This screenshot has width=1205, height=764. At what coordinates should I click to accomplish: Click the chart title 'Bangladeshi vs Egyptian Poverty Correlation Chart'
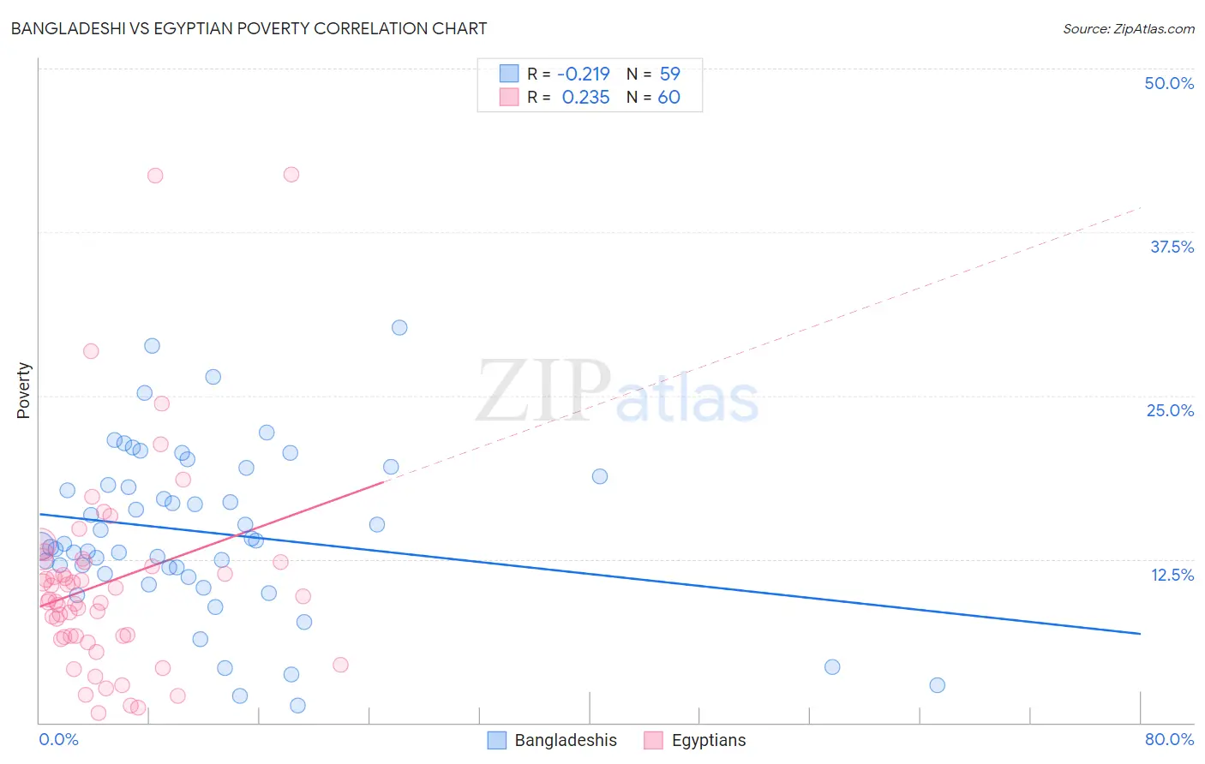[249, 28]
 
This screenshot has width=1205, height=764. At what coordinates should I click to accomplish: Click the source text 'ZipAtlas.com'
[1128, 28]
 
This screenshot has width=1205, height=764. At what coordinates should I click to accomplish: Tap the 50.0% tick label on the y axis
[1168, 83]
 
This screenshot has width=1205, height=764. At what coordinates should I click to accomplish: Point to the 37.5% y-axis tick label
[1171, 247]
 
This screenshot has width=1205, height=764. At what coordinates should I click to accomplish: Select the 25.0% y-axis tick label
[1169, 410]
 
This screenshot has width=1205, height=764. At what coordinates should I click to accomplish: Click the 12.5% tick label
[1171, 575]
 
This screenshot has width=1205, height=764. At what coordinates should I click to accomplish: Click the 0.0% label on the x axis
[58, 739]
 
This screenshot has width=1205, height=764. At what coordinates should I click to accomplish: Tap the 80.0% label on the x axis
[1168, 739]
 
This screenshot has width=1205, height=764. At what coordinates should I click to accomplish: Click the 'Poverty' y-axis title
[23, 391]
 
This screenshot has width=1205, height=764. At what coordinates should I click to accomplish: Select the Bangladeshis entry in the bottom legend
[552, 740]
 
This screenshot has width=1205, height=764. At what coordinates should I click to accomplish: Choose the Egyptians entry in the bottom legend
[695, 740]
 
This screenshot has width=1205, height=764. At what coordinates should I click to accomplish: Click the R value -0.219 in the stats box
[583, 74]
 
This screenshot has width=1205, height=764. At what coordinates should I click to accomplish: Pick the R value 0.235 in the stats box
[585, 98]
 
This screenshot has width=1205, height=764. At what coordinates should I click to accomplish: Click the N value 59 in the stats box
[669, 74]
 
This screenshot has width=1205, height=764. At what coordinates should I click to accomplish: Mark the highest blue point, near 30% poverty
[399, 327]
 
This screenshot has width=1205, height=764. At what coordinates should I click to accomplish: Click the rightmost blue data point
[937, 685]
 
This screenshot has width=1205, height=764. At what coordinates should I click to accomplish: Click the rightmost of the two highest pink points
[291, 174]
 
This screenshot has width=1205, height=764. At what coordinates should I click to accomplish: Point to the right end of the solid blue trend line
[1140, 633]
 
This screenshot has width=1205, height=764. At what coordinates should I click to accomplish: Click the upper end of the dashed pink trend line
[1140, 208]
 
